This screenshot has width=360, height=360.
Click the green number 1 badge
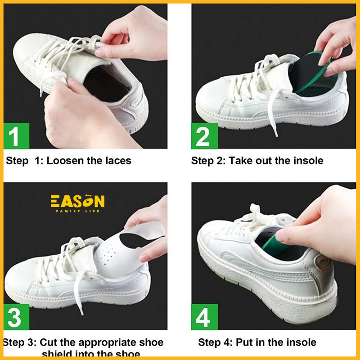click(16, 136)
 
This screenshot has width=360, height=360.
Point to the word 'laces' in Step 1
click(117, 161)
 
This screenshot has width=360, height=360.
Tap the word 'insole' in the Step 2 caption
click(307, 161)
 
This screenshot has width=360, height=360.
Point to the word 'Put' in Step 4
click(247, 342)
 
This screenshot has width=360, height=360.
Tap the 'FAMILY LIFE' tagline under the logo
click(77, 211)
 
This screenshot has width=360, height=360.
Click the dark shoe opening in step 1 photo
click(101, 83)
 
